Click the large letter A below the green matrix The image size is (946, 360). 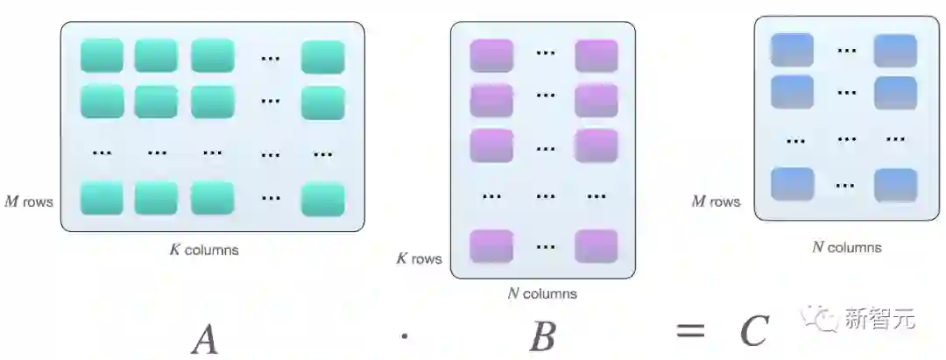pos(205,338)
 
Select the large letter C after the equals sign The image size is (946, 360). pos(754,331)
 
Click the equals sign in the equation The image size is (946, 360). pos(690,331)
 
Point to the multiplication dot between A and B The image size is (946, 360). pos(404,333)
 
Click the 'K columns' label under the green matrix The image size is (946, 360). pos(203,250)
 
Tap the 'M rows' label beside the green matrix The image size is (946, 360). pos(29,202)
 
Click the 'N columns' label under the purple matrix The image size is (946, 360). pos(542,293)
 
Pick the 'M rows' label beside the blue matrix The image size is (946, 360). pos(716,201)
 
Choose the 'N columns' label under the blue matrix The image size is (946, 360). pos(846,247)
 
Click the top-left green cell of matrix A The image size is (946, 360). pos(102,56)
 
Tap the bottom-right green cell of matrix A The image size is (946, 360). pos(323,199)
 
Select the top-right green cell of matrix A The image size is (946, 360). pos(323,57)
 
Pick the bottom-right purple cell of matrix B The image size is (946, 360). pos(597,246)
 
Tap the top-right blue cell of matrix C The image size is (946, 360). pos(895,51)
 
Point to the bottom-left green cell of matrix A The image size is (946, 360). pos(102,199)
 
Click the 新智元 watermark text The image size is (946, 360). pos(879,320)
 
